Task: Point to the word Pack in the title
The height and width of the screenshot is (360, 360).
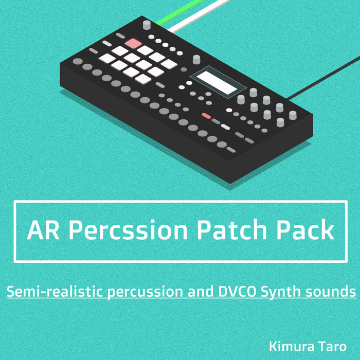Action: tap(307, 231)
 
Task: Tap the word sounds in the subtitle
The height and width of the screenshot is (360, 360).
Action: tap(330, 292)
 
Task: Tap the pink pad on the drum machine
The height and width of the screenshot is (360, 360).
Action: tap(133, 43)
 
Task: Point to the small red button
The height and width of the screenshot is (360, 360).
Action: tap(206, 116)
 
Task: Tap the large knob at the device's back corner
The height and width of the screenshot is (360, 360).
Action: tap(147, 24)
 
